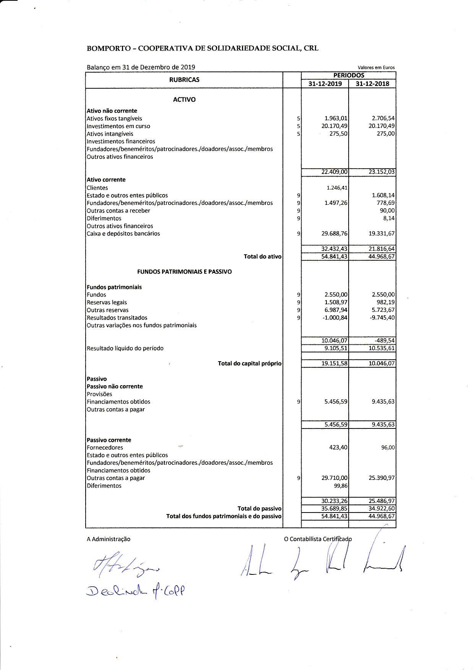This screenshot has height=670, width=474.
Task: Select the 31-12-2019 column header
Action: coord(325,84)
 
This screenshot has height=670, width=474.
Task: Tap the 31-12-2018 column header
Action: coord(372,84)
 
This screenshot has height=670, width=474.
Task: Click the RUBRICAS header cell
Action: coord(184,79)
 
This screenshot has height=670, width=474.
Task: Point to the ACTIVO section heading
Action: coord(184,99)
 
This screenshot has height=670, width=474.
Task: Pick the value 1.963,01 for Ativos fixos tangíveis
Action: coord(336,118)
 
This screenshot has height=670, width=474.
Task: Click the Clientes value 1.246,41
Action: coord(337,188)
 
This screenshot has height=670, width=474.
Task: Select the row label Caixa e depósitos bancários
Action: coord(123,234)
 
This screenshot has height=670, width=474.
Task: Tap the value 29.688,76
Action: coord(334,234)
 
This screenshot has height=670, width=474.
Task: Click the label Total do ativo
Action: coord(263,256)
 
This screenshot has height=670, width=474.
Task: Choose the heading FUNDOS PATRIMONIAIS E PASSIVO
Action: coord(184,272)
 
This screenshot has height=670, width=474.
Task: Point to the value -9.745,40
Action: coord(382,318)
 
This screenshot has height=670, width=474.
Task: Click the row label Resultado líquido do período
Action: coord(125,348)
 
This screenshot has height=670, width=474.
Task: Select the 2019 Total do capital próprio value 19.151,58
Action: coord(334,363)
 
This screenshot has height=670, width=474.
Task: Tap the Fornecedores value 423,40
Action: coord(338,448)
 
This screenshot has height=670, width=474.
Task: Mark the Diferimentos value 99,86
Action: coord(341,486)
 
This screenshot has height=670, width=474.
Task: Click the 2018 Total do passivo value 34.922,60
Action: coord(381,509)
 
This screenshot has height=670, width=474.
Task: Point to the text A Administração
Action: coord(109,539)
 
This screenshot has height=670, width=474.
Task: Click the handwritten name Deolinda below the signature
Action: coord(117,591)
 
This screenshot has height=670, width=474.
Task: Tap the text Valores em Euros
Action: coord(376,68)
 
